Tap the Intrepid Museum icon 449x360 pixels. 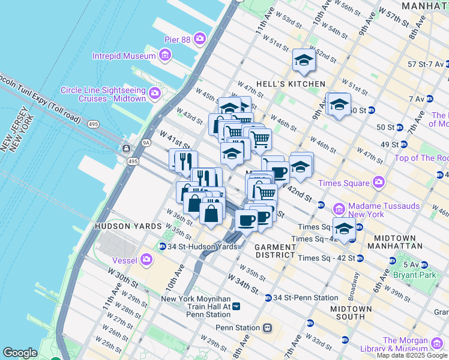(165, 56)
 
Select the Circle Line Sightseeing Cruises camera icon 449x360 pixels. (155, 92)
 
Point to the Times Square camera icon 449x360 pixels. (378, 182)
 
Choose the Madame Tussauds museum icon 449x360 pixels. (339, 209)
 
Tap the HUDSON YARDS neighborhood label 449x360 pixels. (128, 226)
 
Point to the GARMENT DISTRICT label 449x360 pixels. (275, 251)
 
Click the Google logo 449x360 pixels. (20, 353)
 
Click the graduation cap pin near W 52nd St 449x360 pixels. (304, 60)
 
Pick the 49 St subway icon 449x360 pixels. (403, 144)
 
